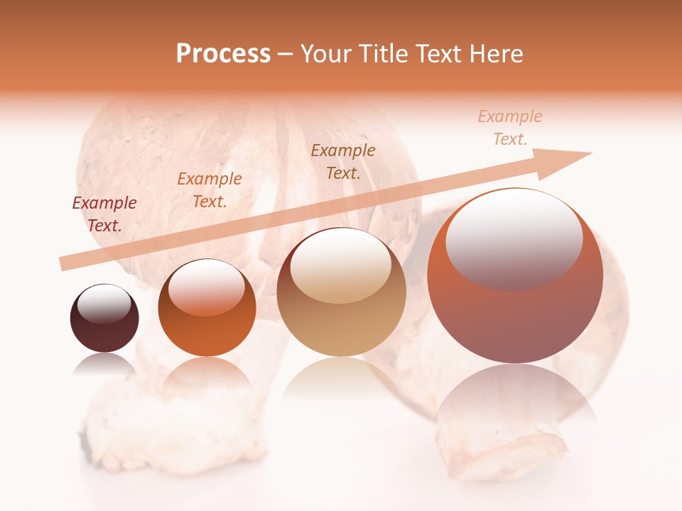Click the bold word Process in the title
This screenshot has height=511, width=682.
click(x=223, y=53)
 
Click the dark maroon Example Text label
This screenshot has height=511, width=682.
click(x=104, y=214)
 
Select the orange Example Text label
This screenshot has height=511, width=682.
click(x=210, y=189)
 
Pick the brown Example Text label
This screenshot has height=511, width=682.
click(x=343, y=161)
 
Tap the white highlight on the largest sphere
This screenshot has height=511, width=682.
click(x=514, y=238)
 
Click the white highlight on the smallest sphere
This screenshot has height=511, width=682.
click(x=104, y=304)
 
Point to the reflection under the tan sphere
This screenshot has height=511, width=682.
click(x=341, y=376)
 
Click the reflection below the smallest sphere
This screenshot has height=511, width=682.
click(x=104, y=363)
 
